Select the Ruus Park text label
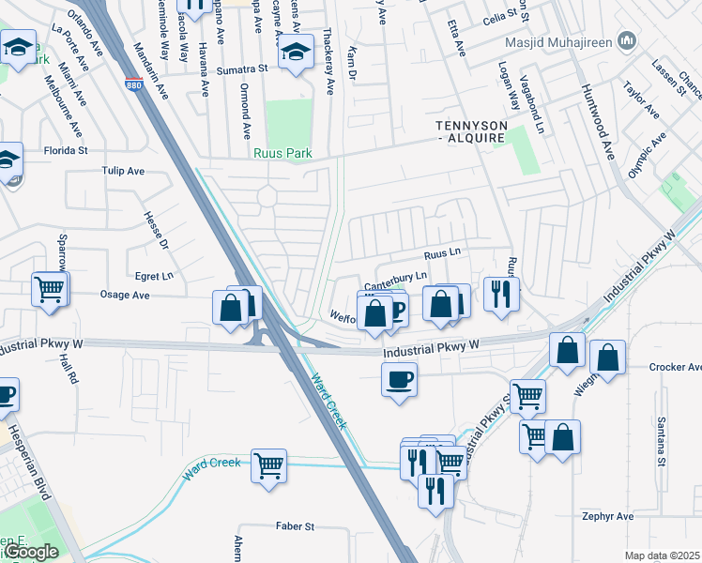tap(282, 153)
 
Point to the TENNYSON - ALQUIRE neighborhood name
tap(471, 131)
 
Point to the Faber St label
tap(294, 527)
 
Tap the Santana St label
tap(661, 442)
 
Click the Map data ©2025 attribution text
tap(662, 555)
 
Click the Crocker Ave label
tap(675, 367)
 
